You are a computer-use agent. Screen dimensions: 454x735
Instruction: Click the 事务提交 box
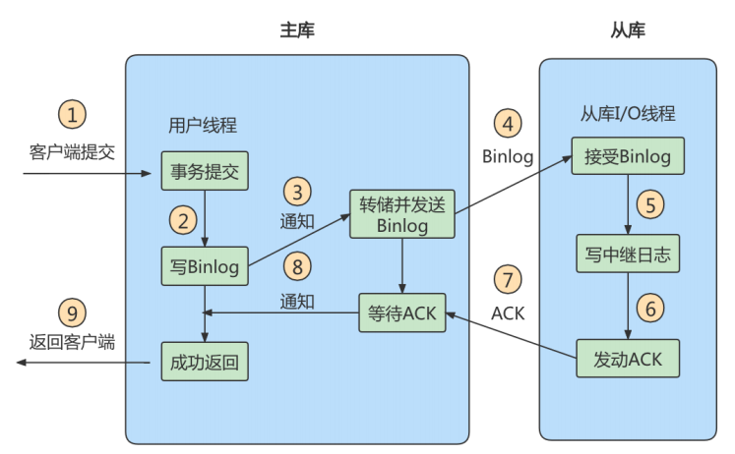pyautogui.click(x=204, y=172)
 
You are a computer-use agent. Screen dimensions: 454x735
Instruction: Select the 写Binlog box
pyautogui.click(x=204, y=266)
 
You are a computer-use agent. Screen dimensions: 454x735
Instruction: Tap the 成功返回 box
pyautogui.click(x=204, y=361)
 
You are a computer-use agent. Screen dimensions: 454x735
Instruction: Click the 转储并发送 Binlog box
pyautogui.click(x=402, y=213)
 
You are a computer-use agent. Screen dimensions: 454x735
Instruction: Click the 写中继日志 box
pyautogui.click(x=628, y=255)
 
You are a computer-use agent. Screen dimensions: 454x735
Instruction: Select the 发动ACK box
pyautogui.click(x=628, y=359)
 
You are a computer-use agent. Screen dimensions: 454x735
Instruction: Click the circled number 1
pyautogui.click(x=72, y=113)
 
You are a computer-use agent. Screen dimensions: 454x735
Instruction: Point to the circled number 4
pyautogui.click(x=507, y=124)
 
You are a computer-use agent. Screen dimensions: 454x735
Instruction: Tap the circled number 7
pyautogui.click(x=507, y=280)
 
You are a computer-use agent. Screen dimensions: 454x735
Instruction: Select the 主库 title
pyautogui.click(x=297, y=31)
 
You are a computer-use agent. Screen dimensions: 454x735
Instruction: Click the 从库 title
pyautogui.click(x=628, y=31)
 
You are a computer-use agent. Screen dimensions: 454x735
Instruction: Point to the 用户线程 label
pyautogui.click(x=204, y=126)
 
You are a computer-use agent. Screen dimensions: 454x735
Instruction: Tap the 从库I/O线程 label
pyautogui.click(x=628, y=113)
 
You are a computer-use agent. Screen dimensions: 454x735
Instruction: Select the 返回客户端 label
pyautogui.click(x=72, y=343)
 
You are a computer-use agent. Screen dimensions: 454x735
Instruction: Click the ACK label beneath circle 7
pyautogui.click(x=507, y=313)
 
